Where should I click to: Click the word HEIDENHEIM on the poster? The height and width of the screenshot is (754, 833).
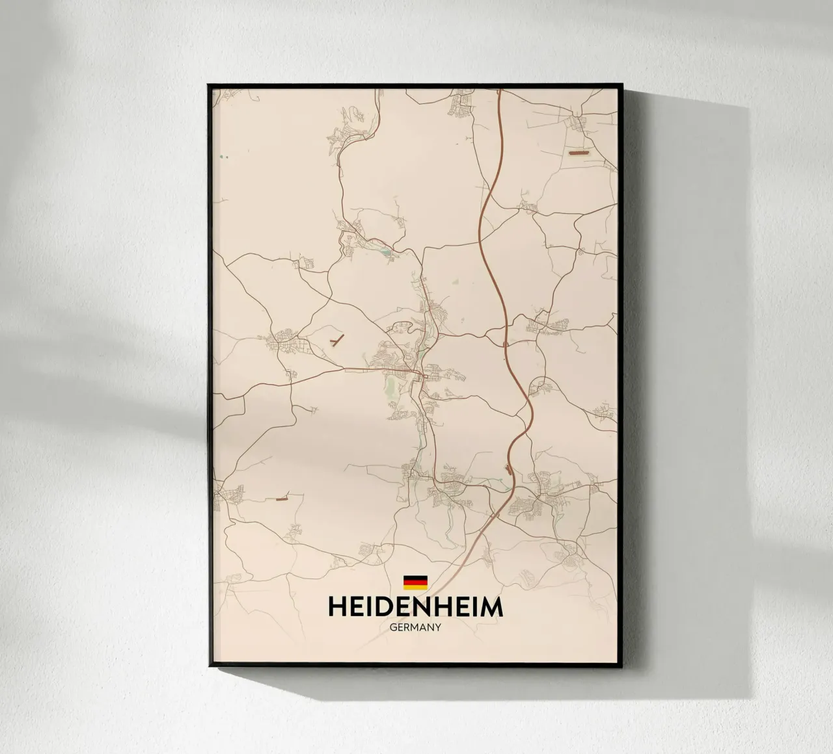(415, 607)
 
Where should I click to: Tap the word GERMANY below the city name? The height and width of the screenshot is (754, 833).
(415, 628)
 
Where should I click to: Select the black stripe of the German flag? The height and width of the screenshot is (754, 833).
(415, 577)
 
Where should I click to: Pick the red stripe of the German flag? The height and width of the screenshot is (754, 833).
(415, 582)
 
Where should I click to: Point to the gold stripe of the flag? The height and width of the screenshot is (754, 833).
(415, 587)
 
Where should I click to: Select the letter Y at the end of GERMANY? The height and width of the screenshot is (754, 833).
(439, 628)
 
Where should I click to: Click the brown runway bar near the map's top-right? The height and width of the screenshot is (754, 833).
(579, 152)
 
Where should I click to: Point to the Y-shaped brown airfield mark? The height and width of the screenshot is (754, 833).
(336, 341)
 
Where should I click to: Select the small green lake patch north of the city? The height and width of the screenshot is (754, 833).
(387, 248)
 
